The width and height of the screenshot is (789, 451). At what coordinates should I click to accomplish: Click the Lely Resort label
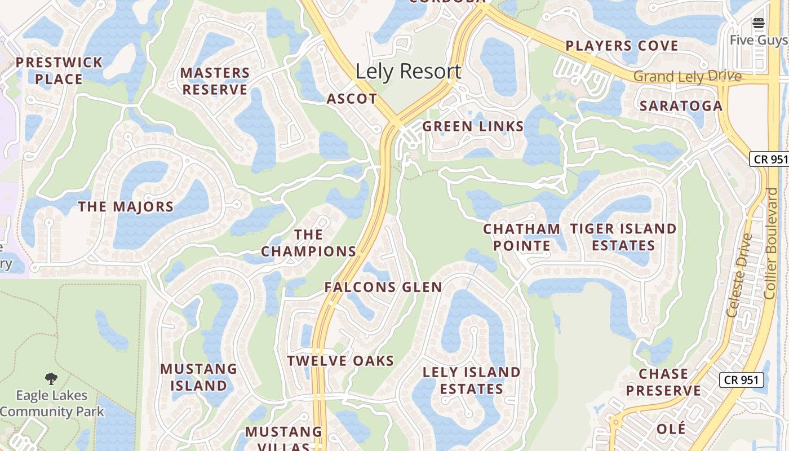[408, 72]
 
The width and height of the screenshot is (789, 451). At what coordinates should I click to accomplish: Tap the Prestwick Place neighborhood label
[59, 70]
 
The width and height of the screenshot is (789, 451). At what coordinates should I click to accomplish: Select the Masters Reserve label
[215, 81]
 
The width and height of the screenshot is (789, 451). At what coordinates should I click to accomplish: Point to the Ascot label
[352, 99]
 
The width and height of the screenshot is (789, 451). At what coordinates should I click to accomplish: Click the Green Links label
[473, 126]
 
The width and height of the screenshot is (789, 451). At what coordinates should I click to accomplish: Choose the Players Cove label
[622, 46]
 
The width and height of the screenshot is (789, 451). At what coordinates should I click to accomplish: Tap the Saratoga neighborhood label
[681, 106]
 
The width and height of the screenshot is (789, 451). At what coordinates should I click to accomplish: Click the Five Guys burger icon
[758, 23]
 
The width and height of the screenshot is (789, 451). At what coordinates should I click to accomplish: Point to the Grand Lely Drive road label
[688, 76]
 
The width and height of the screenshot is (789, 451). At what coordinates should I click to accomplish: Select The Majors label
[126, 207]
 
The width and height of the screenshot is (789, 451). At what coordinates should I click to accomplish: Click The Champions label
[308, 243]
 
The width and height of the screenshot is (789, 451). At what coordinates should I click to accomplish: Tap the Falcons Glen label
[383, 287]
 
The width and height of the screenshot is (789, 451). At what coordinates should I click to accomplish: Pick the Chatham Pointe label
[521, 237]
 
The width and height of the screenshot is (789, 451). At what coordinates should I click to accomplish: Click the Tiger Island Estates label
[623, 237]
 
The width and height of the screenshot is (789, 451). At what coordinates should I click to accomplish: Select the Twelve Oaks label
[340, 361]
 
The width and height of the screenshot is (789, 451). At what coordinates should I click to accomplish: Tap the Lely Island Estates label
[472, 381]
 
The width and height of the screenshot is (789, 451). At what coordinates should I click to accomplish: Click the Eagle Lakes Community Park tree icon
[51, 378]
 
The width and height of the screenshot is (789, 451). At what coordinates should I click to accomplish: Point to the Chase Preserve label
[663, 382]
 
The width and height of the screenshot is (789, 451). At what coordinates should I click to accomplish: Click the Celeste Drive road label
[739, 275]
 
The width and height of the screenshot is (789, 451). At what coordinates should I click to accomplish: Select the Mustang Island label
[199, 377]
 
